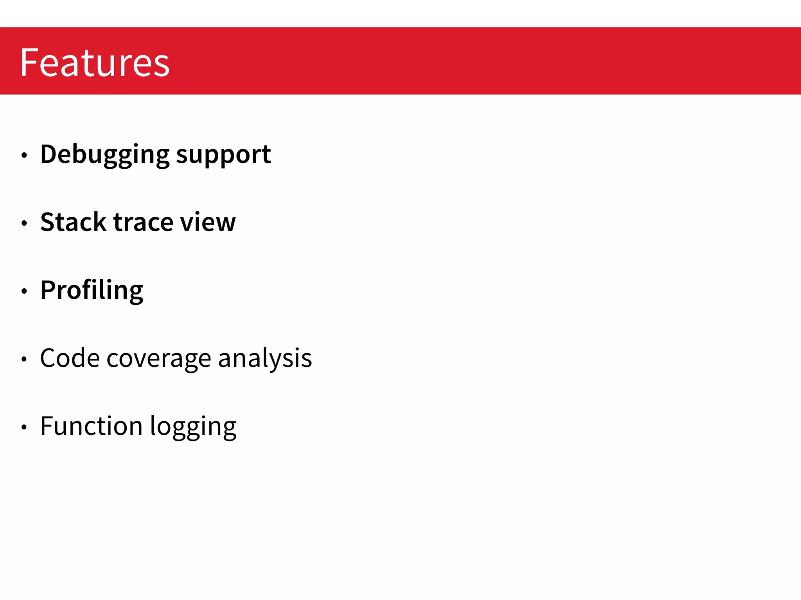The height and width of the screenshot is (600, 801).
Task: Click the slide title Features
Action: (x=95, y=62)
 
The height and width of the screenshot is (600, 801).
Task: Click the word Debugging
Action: (x=105, y=155)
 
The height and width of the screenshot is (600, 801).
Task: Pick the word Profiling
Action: (x=92, y=291)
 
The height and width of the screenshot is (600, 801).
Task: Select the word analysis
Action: (x=265, y=359)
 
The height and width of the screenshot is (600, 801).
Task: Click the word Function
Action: (x=92, y=426)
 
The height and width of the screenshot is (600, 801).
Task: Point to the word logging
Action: (x=193, y=427)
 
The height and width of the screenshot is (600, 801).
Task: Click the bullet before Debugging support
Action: (x=24, y=155)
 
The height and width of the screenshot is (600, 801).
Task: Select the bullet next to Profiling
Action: (x=24, y=291)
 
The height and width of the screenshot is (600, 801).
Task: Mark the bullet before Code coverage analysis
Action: (x=24, y=359)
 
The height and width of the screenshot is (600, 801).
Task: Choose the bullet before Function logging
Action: (x=24, y=427)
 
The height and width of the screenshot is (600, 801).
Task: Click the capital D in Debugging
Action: (x=50, y=154)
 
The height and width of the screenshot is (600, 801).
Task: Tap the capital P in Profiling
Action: (x=49, y=290)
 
